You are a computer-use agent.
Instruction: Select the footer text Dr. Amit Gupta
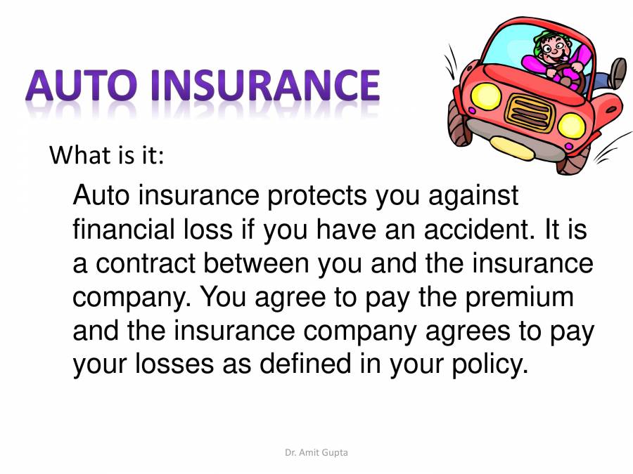tap(316, 453)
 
